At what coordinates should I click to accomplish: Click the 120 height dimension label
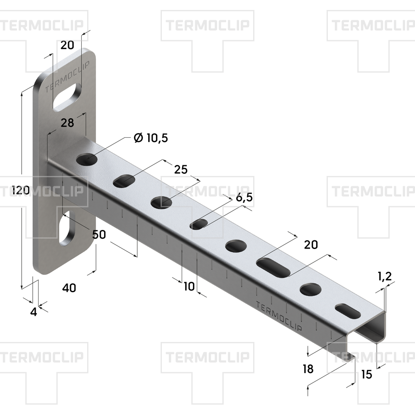pos(21,190)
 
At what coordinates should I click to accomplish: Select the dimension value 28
pos(67,123)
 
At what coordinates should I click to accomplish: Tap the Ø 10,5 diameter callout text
pos(151,138)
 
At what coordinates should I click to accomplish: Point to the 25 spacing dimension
pos(181,169)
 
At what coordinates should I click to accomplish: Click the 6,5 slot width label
pos(244,198)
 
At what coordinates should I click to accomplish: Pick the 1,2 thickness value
pos(385,276)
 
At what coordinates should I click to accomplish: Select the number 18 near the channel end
pos(308,369)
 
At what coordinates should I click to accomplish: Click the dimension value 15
pos(366,374)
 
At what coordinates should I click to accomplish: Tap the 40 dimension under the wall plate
pos(69,288)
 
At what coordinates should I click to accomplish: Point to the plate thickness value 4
pos(34,312)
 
